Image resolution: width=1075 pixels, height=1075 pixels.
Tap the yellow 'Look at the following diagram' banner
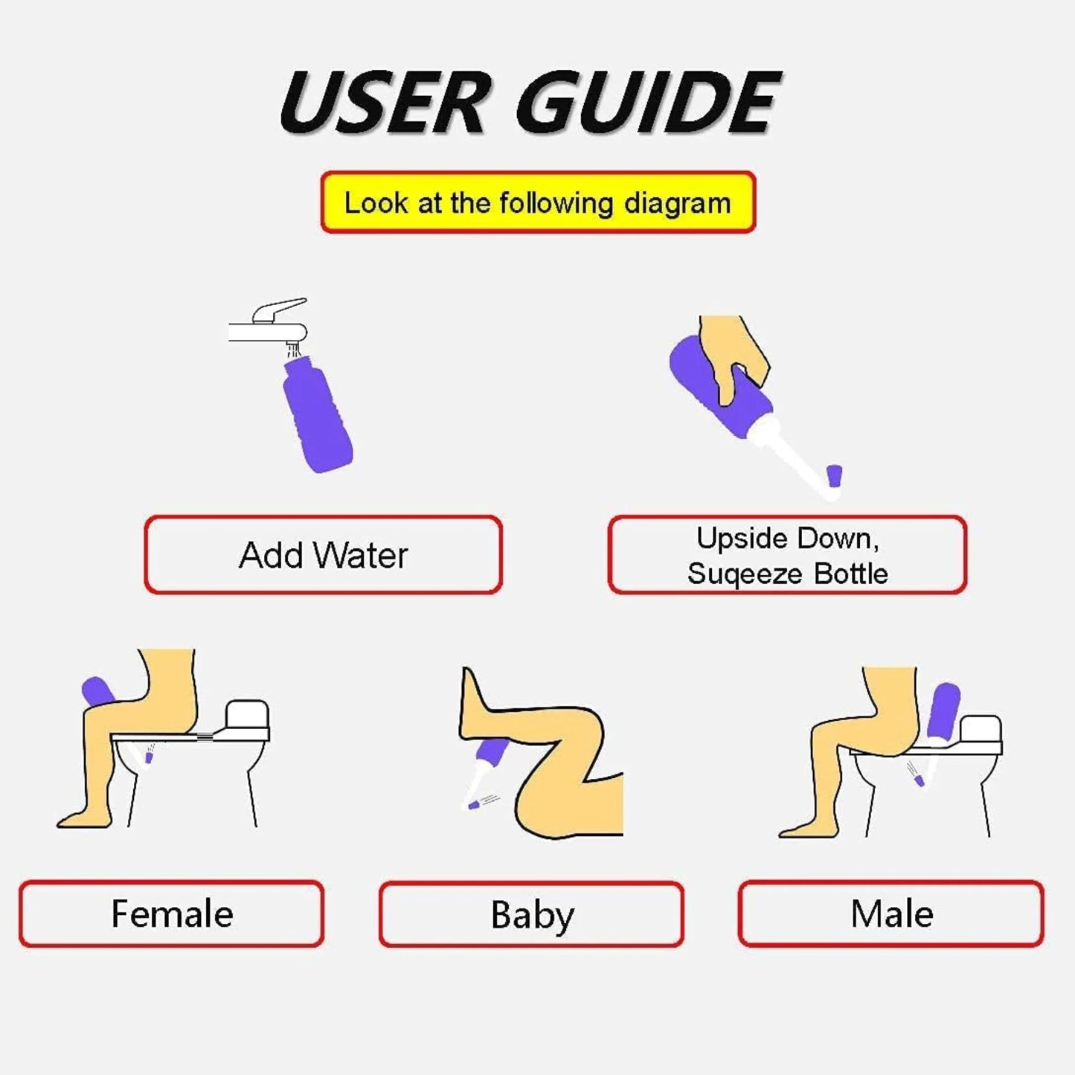(538, 203)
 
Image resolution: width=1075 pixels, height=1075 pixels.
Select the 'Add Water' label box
(323, 555)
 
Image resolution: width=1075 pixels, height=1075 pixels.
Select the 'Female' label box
(172, 914)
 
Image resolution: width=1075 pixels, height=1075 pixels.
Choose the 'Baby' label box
(531, 914)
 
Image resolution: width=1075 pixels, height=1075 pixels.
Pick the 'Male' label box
(891, 914)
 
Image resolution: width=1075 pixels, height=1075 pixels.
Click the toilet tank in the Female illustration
(247, 718)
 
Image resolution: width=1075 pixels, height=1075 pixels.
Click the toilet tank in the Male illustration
(981, 733)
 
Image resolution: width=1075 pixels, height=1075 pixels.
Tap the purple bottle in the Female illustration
(98, 692)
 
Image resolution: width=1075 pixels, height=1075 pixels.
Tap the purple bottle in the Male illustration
(944, 708)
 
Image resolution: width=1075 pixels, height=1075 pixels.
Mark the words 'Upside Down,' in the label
(787, 538)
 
